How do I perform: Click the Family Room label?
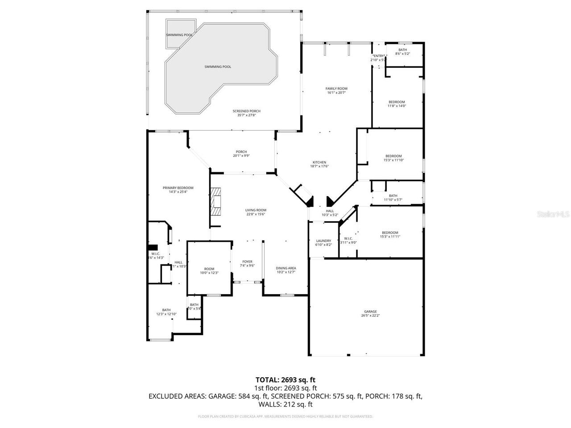point(336,89)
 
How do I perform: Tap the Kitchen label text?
point(319,162)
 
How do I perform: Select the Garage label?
point(370,312)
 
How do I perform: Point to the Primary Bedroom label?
point(178,188)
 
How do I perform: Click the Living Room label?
point(256,210)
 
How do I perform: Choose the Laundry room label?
point(323,241)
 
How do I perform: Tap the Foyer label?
point(247,262)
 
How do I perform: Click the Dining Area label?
point(286,268)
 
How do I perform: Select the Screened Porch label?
point(246,111)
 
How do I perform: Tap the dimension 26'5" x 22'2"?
point(370,316)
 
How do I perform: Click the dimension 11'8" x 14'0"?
point(397,106)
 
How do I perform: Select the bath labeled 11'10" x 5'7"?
point(393,198)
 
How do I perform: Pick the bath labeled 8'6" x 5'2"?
point(402,52)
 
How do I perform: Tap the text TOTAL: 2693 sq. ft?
point(285,380)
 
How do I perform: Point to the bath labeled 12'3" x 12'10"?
point(166,312)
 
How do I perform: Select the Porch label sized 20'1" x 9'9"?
point(241,154)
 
